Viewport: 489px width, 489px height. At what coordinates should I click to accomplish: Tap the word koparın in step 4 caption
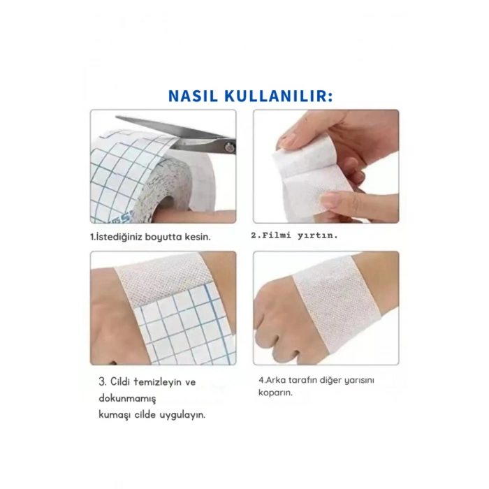pyautogui.click(x=273, y=393)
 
